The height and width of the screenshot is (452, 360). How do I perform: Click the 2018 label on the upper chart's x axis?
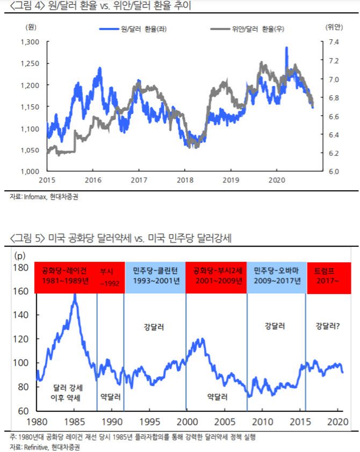pos(185,180)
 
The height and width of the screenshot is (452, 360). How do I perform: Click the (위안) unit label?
pos(334,26)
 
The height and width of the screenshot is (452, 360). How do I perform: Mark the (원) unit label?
pos(30,26)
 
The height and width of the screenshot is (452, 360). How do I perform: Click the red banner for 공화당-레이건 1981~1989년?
pos(65,276)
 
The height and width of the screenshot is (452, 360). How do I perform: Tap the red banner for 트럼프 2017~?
pos(329,276)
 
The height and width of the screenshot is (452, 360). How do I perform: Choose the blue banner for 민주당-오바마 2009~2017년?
pos(276,276)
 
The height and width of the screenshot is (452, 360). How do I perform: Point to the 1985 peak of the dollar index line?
pos(75,295)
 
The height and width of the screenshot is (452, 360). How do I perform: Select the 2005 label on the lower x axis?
pos(227,421)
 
